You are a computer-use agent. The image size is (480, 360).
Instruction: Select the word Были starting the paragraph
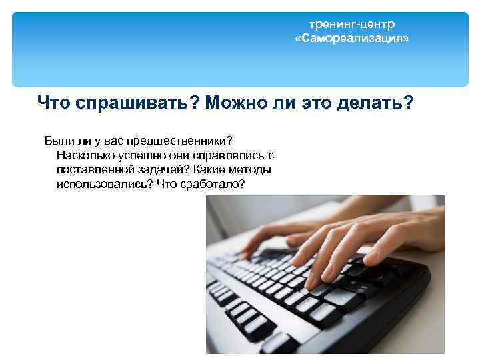click(57, 141)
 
